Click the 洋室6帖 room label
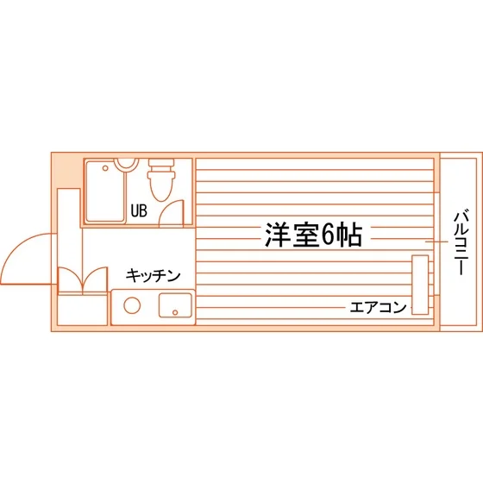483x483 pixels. [313, 235]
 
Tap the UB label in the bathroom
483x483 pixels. [139, 210]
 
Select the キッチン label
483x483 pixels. [154, 275]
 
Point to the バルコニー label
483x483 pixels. [461, 242]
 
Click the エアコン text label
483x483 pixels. [378, 307]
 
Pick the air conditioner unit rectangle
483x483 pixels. [420, 285]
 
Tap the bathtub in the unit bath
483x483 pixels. [105, 191]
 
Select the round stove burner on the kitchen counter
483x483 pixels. [132, 305]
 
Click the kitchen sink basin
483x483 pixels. [175, 305]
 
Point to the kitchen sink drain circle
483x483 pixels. [175, 312]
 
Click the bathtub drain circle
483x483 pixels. [105, 168]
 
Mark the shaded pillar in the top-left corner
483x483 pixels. [67, 171]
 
